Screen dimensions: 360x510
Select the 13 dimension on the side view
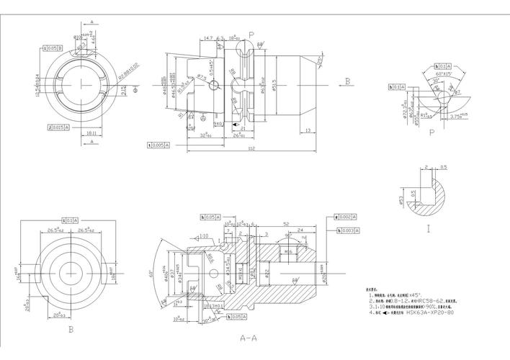click(308, 130)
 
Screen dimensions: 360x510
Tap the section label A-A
click(249, 336)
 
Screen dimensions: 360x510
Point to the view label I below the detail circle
click(427, 230)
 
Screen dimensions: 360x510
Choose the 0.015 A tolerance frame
click(59, 127)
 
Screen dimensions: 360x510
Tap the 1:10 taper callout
click(204, 235)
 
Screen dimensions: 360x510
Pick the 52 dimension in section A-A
click(286, 224)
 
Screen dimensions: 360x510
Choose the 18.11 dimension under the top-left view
click(91, 133)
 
